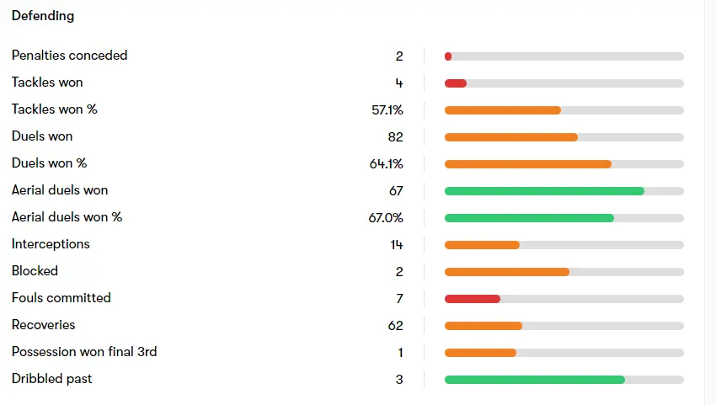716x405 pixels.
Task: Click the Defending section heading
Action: (43, 16)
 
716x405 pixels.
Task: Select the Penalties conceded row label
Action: (69, 56)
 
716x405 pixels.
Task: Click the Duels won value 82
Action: (395, 136)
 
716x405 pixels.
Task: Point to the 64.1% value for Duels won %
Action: (387, 163)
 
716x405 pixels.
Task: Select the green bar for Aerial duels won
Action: (544, 191)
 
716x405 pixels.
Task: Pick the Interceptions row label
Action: (51, 244)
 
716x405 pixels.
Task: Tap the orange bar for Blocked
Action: (506, 272)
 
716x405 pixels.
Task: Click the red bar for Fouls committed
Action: (472, 299)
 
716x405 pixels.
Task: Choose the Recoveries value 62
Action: (395, 325)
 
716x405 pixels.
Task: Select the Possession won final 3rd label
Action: (84, 352)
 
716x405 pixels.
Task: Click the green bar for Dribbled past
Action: (534, 380)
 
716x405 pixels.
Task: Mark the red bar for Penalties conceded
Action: (448, 56)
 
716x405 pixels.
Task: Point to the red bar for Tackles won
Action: (455, 83)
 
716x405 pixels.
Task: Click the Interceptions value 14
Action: (396, 244)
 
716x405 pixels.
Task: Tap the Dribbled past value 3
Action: (399, 379)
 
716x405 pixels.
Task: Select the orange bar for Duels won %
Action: (527, 164)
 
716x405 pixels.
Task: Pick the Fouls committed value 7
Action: (399, 298)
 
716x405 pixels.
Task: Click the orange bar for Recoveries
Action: (483, 326)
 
